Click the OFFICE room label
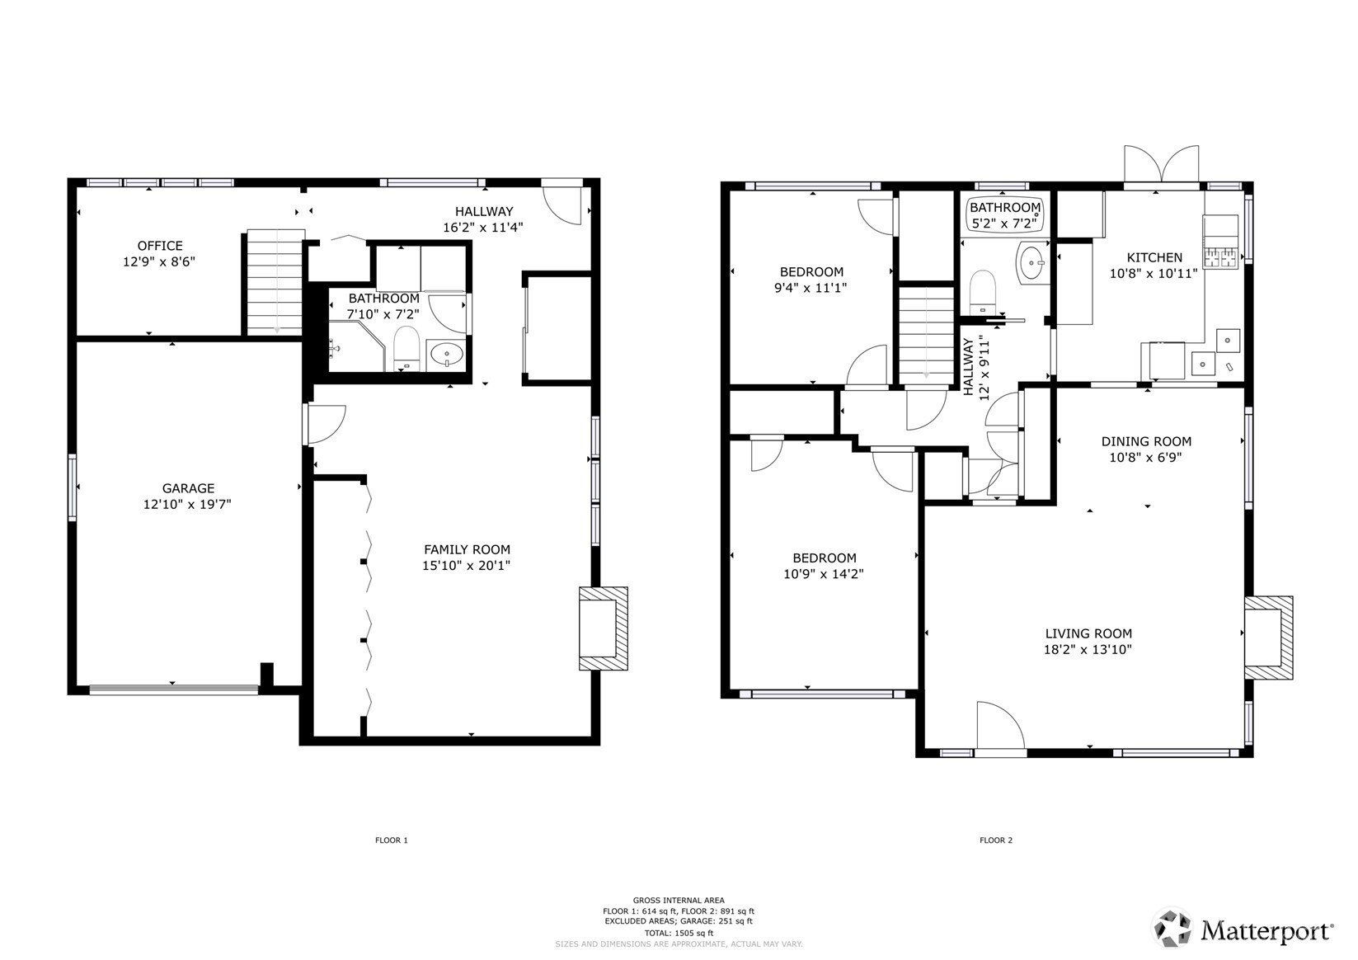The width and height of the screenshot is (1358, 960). pos(160,246)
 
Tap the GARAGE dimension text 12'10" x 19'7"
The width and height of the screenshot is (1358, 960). pos(187,504)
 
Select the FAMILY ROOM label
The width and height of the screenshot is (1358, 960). pos(467,549)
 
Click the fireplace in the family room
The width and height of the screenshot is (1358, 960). pos(604,628)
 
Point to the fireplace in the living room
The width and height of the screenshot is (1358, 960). pos(1268,638)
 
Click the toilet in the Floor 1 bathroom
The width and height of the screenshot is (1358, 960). pos(406,348)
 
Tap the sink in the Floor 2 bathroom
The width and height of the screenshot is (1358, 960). pos(1032,263)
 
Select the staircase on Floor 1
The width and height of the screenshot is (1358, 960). pos(275,282)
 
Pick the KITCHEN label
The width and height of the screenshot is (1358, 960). pos(1154,257)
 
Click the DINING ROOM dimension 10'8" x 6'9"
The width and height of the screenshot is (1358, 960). pos(1146,457)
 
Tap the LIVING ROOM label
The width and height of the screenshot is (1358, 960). pos(1088,633)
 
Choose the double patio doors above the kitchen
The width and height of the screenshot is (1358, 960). pos(1162,165)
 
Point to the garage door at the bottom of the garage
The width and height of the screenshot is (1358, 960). pos(174,689)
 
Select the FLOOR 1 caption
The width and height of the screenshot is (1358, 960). pos(392,840)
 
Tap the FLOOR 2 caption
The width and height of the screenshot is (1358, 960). pos(996,840)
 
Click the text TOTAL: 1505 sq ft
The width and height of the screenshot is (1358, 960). pos(679,934)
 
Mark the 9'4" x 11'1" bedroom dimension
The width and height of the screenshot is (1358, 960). pos(811,288)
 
